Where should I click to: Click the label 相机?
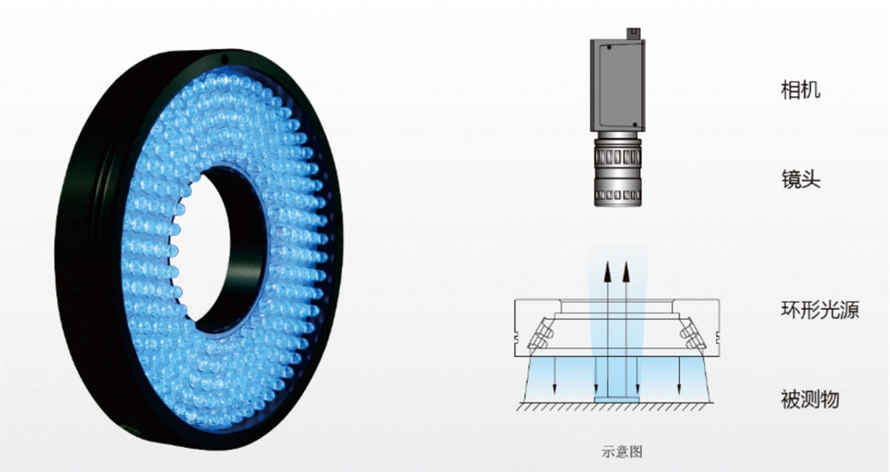click(800, 90)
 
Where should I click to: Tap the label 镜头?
click(800, 180)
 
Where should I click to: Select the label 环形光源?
click(820, 310)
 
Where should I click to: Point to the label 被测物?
click(810, 399)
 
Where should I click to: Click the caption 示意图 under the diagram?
click(621, 452)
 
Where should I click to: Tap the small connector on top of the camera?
click(633, 34)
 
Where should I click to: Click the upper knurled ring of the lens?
click(618, 156)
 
